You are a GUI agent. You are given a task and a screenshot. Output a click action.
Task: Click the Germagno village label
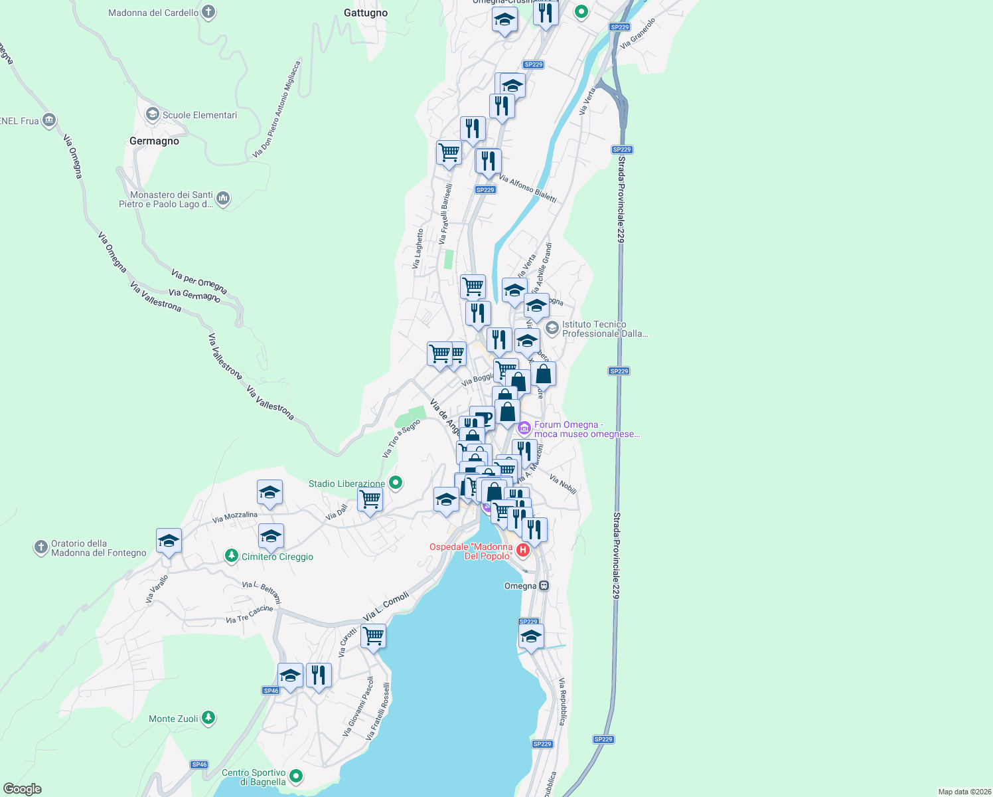click(x=154, y=141)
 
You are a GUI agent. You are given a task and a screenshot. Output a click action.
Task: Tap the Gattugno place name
click(x=366, y=13)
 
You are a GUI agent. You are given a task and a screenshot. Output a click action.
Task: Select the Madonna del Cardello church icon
click(x=208, y=12)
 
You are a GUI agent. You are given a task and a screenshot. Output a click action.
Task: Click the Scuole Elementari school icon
click(x=153, y=115)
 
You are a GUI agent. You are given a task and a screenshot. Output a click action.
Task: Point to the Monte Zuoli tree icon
click(x=208, y=718)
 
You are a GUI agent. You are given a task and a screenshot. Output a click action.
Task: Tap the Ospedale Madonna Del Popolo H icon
click(x=523, y=550)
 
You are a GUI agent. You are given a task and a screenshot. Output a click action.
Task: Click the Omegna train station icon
click(x=544, y=586)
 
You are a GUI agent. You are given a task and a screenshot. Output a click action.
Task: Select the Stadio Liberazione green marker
click(x=396, y=483)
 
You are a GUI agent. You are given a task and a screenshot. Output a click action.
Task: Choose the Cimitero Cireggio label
click(x=277, y=557)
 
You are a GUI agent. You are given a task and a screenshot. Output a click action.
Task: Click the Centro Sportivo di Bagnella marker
click(x=296, y=776)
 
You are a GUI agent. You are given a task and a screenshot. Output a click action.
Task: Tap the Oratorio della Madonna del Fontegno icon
click(x=40, y=548)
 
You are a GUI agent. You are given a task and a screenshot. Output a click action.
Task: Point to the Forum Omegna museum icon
click(x=524, y=428)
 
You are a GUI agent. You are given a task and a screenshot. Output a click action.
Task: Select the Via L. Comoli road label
click(x=386, y=606)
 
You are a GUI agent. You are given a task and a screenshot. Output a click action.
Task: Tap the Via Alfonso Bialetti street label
click(x=528, y=189)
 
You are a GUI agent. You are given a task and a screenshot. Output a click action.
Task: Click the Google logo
click(x=22, y=789)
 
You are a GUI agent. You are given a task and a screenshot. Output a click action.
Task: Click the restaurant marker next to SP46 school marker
click(x=319, y=675)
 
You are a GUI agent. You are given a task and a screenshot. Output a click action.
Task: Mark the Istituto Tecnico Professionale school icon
click(x=552, y=328)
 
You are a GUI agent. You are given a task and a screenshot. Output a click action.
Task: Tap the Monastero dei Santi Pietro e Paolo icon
click(x=224, y=199)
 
